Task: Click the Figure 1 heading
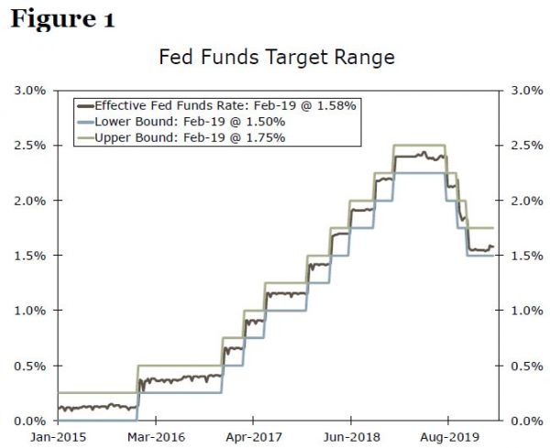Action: coord(62,20)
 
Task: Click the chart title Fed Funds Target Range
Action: coord(276,58)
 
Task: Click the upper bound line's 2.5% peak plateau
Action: coord(419,145)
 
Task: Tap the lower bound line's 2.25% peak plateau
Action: coord(419,172)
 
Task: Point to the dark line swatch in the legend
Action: coord(87,105)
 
